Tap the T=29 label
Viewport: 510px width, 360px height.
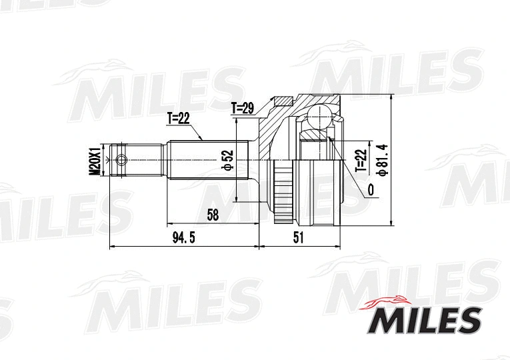coord(243,107)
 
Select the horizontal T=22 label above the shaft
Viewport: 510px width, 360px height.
coord(178,119)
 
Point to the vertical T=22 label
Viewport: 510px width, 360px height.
coord(361,161)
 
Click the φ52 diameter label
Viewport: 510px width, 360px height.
coord(227,159)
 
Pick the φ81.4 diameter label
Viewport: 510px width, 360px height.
coord(382,159)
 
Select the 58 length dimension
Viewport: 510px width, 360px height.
coord(213,214)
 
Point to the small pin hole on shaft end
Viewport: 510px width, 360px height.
coord(120,159)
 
